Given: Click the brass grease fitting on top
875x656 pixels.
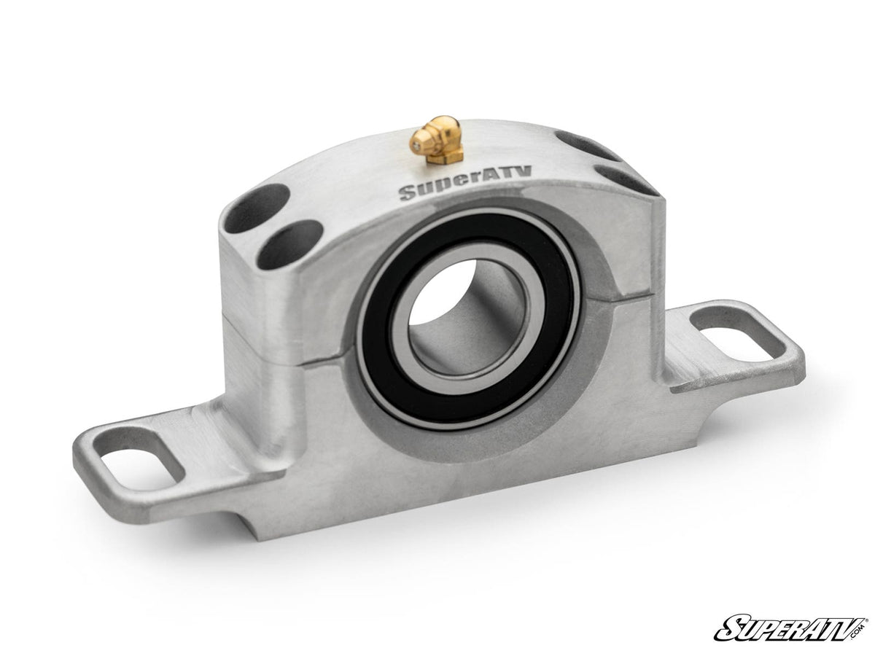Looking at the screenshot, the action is click(x=437, y=141).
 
